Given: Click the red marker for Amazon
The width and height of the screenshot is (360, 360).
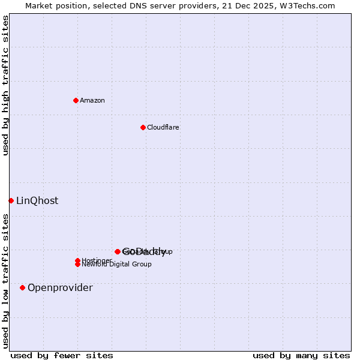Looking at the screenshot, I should coord(76,100).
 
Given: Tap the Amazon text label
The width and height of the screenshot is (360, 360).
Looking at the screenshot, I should coord(92,100).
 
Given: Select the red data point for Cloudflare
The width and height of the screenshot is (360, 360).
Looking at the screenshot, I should coord(143,127).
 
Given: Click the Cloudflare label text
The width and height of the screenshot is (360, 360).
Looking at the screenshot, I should coord(163,127).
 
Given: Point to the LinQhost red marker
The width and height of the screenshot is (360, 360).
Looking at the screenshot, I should coord(11,200).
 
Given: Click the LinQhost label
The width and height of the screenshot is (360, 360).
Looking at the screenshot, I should coord(37,200).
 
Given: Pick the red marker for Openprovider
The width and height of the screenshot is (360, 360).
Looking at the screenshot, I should coord(22,287).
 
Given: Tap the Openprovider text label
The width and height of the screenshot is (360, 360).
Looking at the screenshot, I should coord(60,287).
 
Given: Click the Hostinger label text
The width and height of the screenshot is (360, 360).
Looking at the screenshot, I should coord(96,260).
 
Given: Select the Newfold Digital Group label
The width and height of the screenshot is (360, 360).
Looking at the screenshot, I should coord(116,265).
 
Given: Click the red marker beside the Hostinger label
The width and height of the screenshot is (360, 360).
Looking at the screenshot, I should coord(77,260).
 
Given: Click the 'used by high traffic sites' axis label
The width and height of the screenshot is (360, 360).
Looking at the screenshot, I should coord(6,85).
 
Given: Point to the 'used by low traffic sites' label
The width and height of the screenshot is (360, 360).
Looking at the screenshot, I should coord(6,281).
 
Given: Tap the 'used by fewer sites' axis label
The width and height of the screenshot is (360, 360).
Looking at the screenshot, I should coord(62,355).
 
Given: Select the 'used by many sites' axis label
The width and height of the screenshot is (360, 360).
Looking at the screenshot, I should coord(301,355).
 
